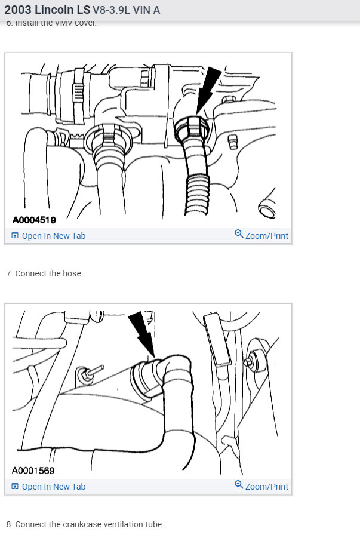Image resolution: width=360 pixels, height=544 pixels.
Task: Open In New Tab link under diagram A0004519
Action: (x=53, y=236)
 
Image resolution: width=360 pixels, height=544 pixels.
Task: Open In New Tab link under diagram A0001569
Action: (x=53, y=487)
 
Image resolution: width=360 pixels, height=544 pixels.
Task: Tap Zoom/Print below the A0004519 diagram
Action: (x=266, y=236)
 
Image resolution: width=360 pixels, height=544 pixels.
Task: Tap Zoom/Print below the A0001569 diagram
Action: (x=266, y=487)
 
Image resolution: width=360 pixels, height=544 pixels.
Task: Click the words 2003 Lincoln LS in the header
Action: (x=47, y=10)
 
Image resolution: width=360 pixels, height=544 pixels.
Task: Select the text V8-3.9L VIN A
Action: (x=127, y=11)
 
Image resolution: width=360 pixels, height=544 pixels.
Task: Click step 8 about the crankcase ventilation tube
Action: (x=85, y=524)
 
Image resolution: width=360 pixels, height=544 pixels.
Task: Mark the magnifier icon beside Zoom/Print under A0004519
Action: (x=239, y=234)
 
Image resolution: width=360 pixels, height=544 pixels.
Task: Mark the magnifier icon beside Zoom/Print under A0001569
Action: (x=239, y=485)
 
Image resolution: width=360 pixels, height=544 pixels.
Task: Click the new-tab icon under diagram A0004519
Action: (x=15, y=236)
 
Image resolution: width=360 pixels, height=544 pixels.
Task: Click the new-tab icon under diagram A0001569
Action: (x=15, y=487)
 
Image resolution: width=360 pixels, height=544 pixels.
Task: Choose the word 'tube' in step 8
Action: (x=155, y=524)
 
